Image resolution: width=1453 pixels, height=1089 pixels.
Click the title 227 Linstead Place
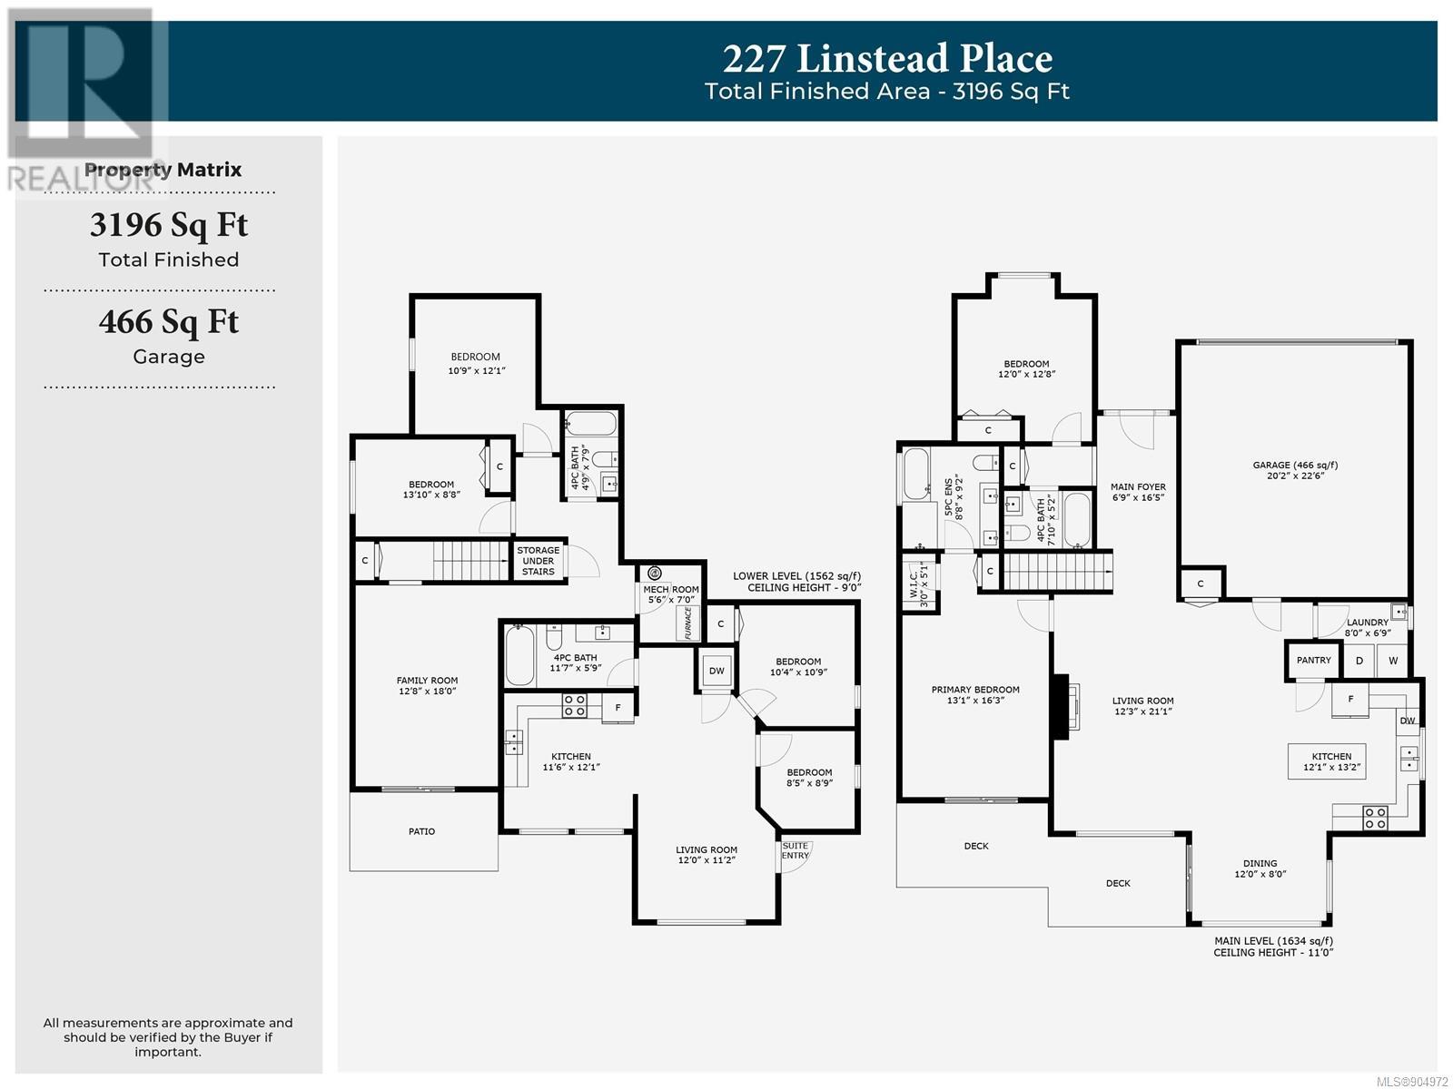[x=886, y=58]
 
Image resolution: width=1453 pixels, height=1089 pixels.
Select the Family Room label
[x=427, y=686]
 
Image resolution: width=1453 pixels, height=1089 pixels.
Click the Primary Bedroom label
[x=975, y=695]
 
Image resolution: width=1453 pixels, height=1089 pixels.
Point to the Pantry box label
[x=1313, y=660]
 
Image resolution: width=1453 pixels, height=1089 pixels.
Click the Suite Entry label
[x=795, y=850]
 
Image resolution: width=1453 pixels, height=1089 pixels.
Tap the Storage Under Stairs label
[x=539, y=561]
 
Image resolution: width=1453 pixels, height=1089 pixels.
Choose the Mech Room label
[x=670, y=594]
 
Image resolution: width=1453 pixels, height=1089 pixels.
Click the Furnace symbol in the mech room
[x=687, y=623]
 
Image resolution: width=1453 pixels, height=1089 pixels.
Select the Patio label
[x=421, y=831]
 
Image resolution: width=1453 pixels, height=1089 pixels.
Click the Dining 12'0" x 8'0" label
[x=1260, y=868]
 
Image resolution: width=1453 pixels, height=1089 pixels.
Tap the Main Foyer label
[x=1138, y=492]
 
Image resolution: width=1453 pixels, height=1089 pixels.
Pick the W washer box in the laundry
[x=1393, y=661]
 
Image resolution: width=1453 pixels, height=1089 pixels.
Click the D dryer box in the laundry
[x=1359, y=661]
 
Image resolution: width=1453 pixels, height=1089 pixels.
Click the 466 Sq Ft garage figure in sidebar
[x=169, y=323]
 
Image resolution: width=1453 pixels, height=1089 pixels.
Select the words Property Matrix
[x=163, y=170]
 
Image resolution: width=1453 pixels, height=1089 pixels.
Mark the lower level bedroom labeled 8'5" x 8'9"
[x=809, y=778]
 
